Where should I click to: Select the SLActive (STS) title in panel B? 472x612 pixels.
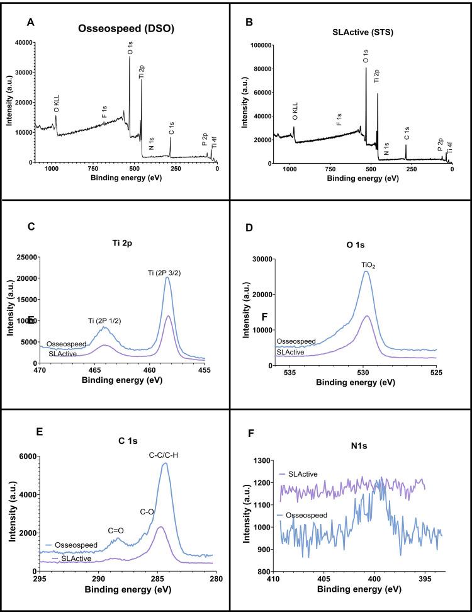(361, 30)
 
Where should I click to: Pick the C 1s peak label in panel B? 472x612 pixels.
(407, 133)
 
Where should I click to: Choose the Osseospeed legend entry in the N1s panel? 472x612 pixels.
(305, 514)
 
